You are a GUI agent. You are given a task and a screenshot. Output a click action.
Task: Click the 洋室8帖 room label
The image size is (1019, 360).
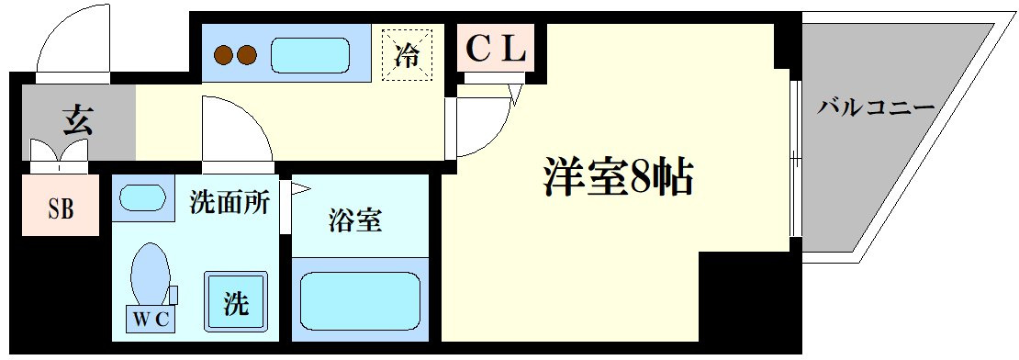(618, 176)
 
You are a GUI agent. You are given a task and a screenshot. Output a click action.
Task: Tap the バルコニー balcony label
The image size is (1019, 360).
(876, 107)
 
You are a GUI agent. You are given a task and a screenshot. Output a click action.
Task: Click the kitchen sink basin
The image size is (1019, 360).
(310, 55)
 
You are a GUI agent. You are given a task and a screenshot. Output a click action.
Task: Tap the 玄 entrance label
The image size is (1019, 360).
(78, 121)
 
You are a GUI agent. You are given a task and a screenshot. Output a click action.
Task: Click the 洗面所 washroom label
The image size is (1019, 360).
(229, 203)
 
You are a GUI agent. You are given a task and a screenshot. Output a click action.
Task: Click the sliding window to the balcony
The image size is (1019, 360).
(795, 159)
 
